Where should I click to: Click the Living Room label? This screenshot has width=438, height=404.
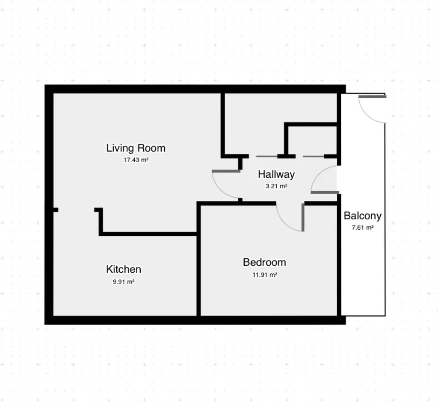(136, 148)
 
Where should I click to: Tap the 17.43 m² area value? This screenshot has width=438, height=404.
(136, 160)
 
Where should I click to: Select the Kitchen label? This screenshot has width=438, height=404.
(124, 269)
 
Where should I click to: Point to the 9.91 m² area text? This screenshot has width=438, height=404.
(124, 281)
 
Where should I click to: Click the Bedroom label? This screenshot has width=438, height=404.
(264, 262)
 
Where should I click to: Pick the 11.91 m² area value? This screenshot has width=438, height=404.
(265, 275)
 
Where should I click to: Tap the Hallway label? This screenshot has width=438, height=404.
(276, 175)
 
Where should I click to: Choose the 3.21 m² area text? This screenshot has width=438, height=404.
(277, 186)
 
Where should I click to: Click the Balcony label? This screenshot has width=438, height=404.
(363, 216)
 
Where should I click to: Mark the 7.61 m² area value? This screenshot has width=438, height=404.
(363, 228)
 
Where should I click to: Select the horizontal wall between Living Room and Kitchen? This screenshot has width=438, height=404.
(148, 234)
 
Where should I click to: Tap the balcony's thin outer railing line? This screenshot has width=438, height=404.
(385, 220)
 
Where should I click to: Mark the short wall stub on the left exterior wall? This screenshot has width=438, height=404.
(56, 210)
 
